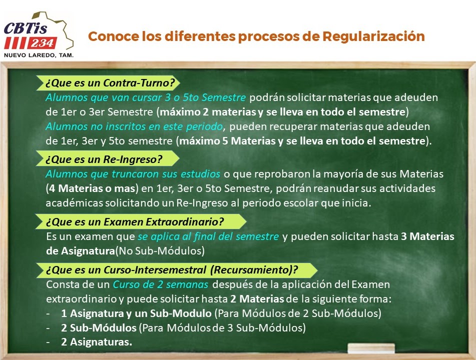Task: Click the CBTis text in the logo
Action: click(26, 28)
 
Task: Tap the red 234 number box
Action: click(42, 43)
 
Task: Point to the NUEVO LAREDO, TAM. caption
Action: click(39, 55)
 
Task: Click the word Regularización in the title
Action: click(373, 36)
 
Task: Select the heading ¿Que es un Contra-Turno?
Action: click(110, 83)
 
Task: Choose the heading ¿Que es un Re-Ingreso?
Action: click(104, 159)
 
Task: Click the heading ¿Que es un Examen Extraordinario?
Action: click(135, 221)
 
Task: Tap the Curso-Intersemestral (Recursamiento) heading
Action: click(172, 269)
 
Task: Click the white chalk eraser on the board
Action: click(371, 348)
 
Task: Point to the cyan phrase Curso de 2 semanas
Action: click(160, 284)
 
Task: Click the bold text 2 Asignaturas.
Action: click(97, 342)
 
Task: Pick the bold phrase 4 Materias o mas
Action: click(92, 188)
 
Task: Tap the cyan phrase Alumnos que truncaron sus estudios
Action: click(133, 174)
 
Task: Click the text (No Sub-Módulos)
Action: click(160, 251)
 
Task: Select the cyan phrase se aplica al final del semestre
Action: click(208, 236)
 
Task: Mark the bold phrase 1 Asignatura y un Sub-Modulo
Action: click(136, 313)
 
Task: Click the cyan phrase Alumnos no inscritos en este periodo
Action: click(134, 126)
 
